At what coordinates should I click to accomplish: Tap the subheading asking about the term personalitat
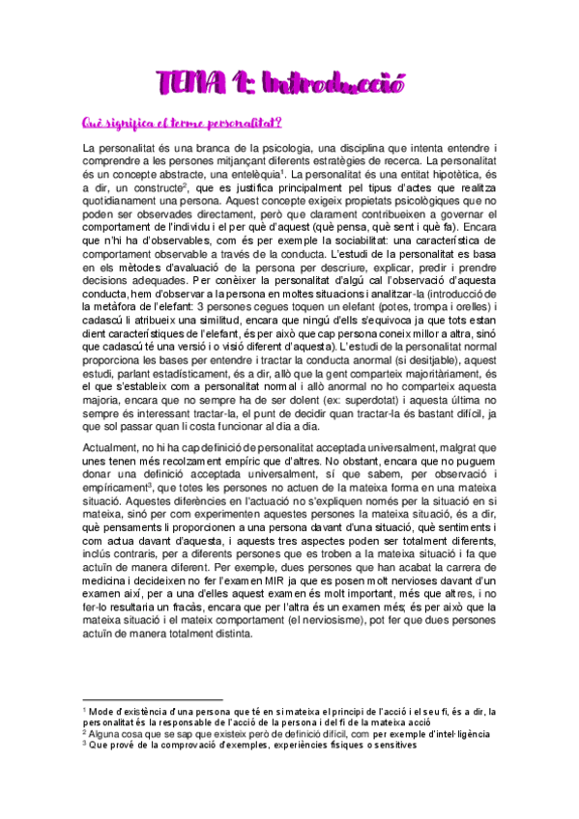click(182, 123)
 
